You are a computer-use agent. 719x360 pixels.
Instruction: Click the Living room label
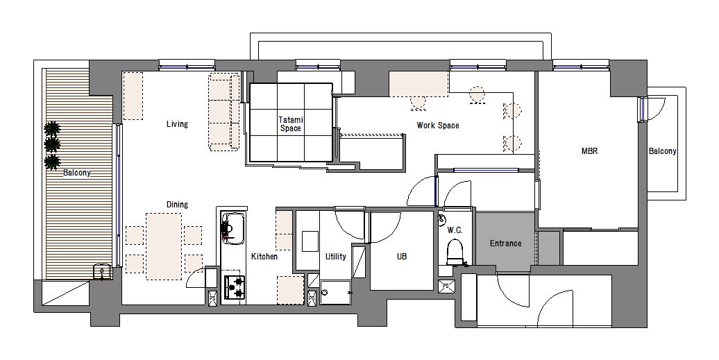177,124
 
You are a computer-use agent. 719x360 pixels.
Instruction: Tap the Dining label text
177,205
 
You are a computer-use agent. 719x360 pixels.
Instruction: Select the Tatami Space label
291,124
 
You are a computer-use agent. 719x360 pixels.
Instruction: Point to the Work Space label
437,126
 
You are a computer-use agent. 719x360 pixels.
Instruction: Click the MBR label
589,151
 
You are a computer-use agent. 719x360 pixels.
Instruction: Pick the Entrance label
505,243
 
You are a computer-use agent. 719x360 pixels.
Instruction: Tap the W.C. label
455,230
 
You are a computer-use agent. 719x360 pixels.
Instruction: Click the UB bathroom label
402,257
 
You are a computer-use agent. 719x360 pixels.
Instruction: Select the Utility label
336,257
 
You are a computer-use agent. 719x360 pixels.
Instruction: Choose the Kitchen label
264,257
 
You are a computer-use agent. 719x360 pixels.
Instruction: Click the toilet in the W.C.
455,252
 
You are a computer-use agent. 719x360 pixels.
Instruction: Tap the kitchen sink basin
234,228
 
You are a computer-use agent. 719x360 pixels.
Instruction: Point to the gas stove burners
235,287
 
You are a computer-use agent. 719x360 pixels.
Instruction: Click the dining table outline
164,246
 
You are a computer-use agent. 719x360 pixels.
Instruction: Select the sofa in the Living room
223,112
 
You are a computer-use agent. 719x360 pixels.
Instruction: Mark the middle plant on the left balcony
52,145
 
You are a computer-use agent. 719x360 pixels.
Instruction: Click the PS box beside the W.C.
445,286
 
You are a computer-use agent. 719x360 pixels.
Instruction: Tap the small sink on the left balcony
101,272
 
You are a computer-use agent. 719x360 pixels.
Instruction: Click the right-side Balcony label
662,151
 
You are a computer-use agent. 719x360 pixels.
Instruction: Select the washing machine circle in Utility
325,293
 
